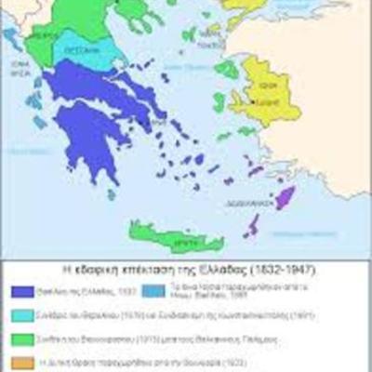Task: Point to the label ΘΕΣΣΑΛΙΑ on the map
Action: click(82, 52)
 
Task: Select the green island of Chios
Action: click(219, 101)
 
